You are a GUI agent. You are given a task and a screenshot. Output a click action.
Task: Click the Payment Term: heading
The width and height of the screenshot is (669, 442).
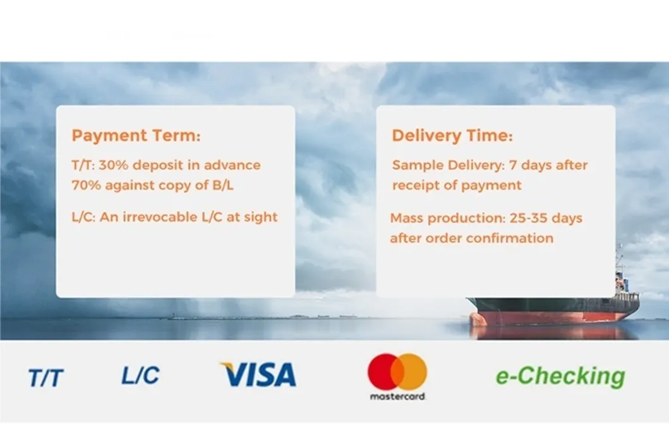pyautogui.click(x=136, y=135)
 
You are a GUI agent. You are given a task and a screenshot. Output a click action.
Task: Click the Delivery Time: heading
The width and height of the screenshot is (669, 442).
pyautogui.click(x=452, y=135)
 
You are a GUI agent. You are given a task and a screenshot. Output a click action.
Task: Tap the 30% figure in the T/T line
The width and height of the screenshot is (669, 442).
pyautogui.click(x=114, y=165)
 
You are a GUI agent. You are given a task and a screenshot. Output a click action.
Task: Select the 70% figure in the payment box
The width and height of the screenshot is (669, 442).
pyautogui.click(x=86, y=185)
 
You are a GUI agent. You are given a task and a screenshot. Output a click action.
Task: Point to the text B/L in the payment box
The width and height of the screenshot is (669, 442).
pyautogui.click(x=223, y=185)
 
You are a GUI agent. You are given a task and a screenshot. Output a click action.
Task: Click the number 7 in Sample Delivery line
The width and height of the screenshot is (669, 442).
pyautogui.click(x=513, y=165)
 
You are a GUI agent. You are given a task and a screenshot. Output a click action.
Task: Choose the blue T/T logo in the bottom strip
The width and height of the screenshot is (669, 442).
pyautogui.click(x=45, y=378)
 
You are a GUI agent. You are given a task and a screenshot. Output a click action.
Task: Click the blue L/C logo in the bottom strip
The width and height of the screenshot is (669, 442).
pyautogui.click(x=140, y=375)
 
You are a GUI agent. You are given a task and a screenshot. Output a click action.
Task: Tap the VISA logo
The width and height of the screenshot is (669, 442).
pyautogui.click(x=258, y=374)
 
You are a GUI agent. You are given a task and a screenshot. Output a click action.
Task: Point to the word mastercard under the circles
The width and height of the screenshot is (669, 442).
pyautogui.click(x=397, y=397)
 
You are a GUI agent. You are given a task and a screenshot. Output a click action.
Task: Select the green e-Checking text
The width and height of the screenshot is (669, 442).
pyautogui.click(x=560, y=376)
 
